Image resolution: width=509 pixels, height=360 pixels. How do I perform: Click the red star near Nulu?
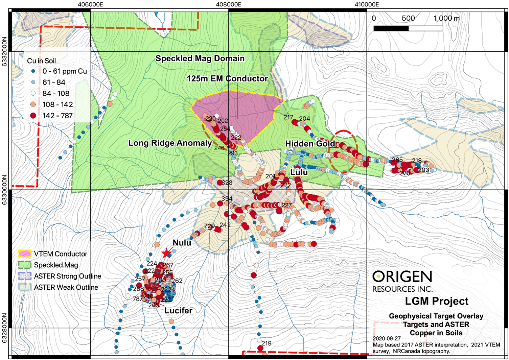166,253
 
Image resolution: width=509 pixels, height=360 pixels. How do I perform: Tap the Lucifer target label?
178,310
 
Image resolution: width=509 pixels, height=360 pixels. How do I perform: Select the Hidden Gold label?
310,144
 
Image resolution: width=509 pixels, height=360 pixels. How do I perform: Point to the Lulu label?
299,172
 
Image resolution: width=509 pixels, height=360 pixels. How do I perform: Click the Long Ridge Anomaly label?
170,143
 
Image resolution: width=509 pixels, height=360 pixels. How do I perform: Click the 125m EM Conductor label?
227,79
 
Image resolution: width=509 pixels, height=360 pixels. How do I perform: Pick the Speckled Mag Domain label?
200,58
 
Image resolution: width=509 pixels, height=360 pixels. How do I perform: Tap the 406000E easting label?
90,4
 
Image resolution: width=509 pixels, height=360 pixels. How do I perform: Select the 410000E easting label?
367,4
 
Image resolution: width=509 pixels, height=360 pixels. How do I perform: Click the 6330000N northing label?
4,190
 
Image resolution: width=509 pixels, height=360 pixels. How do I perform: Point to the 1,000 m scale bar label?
446,18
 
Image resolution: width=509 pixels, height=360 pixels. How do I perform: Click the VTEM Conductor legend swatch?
25,254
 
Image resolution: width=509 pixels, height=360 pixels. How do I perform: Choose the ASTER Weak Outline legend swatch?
25,287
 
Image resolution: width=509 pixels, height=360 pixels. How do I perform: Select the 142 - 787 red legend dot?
33,116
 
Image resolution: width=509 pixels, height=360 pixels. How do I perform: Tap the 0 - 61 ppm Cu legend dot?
33,71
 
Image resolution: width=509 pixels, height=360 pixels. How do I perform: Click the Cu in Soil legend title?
41,61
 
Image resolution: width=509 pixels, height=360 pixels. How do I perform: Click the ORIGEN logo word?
402,277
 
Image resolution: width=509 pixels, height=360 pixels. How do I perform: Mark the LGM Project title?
436,301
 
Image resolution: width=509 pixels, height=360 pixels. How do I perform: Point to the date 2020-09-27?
387,338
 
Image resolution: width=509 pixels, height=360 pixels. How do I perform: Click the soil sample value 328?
227,183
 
